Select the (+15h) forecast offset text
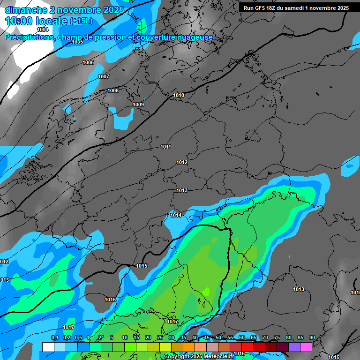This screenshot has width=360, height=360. (81, 21)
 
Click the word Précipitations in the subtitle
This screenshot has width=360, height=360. (29, 37)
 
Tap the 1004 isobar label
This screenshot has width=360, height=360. (43, 30)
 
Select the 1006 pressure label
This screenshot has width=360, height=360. (88, 62)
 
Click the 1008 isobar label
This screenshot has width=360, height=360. (113, 90)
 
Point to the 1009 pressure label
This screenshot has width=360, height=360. (138, 105)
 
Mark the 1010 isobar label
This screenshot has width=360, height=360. (179, 95)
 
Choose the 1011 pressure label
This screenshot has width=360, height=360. (165, 147)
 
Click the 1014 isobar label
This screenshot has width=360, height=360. (176, 215)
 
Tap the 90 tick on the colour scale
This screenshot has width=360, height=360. (312, 337)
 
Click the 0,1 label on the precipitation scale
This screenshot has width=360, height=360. (54, 337)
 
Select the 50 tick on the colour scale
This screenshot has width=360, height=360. (218, 337)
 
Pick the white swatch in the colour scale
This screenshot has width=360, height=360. (48, 347)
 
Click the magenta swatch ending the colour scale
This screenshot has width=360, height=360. (306, 347)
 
